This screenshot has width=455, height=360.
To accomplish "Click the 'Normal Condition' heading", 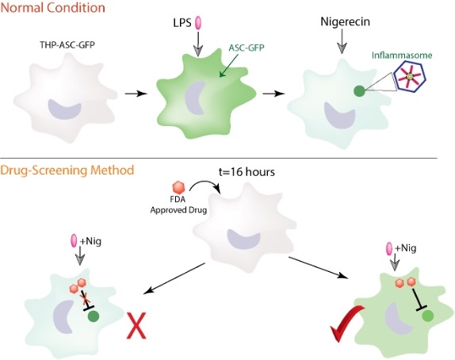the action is click(x=52, y=7).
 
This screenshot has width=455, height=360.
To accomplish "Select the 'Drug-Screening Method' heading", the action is click(x=67, y=170).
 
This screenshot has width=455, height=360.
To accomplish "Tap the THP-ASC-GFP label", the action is click(x=67, y=44).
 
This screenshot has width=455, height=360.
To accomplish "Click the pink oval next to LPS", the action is click(x=198, y=23).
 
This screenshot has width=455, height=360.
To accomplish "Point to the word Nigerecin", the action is click(x=345, y=21).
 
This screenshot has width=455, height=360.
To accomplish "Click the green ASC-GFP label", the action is click(x=247, y=48).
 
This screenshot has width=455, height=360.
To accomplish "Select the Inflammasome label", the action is click(x=402, y=56).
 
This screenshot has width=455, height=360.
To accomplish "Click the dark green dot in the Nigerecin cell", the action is click(x=359, y=91).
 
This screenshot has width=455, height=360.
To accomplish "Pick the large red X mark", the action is click(x=136, y=325).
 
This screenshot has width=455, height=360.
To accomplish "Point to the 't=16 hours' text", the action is click(x=247, y=172).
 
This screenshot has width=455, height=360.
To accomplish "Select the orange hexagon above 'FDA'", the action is click(x=179, y=188).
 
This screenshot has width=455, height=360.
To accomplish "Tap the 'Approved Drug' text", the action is click(x=178, y=210).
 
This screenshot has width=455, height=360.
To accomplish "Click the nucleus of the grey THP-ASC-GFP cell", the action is click(x=64, y=109).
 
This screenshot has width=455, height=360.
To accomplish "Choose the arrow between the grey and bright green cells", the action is click(x=136, y=94).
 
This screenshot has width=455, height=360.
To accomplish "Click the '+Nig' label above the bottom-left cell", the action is click(x=90, y=241).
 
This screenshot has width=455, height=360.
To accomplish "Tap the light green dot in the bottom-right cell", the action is click(x=428, y=316).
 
